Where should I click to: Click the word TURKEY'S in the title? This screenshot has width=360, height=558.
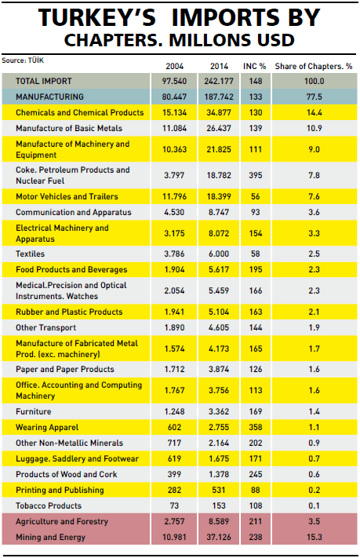pyautogui.click(x=97, y=17)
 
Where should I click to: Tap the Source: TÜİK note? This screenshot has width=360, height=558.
pyautogui.click(x=23, y=60)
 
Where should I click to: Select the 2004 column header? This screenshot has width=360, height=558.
pyautogui.click(x=174, y=66)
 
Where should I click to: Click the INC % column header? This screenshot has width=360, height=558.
pyautogui.click(x=255, y=66)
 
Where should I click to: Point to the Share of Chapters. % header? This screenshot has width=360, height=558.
pyautogui.click(x=314, y=66)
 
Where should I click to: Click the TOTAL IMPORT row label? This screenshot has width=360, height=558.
pyautogui.click(x=44, y=81)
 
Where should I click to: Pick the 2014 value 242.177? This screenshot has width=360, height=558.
pyautogui.click(x=219, y=81)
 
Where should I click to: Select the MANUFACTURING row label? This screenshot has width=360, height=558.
pyautogui.click(x=49, y=97)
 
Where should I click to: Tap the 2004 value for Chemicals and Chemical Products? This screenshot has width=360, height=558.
pyautogui.click(x=174, y=112)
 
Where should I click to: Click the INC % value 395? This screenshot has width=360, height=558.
pyautogui.click(x=256, y=175)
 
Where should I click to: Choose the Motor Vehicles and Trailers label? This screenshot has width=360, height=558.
pyautogui.click(x=67, y=196)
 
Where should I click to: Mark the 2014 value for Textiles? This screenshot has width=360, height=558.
pyautogui.click(x=219, y=253)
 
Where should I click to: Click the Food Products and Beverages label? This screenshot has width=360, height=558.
pyautogui.click(x=71, y=269)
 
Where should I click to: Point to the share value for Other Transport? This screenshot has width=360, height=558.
pyautogui.click(x=314, y=327)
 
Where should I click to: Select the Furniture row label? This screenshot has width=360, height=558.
pyautogui.click(x=34, y=411)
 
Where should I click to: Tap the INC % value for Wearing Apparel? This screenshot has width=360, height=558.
pyautogui.click(x=256, y=427)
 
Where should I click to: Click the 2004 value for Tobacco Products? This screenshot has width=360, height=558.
pyautogui.click(x=174, y=505)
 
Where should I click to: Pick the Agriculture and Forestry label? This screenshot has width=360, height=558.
pyautogui.click(x=62, y=521)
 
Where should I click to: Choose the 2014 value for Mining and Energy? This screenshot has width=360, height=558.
pyautogui.click(x=219, y=537)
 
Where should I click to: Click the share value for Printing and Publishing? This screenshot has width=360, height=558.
pyautogui.click(x=314, y=490)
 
